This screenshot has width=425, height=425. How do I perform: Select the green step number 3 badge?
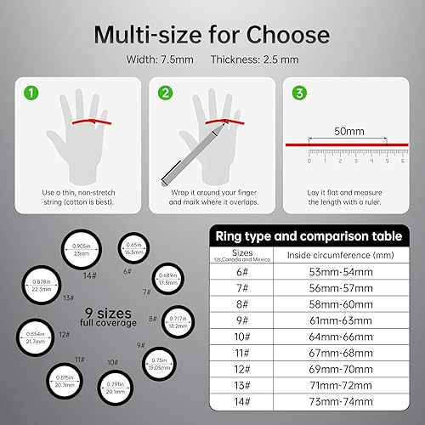pos(299,91)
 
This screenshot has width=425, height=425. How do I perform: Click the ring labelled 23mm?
pos(81,251)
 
